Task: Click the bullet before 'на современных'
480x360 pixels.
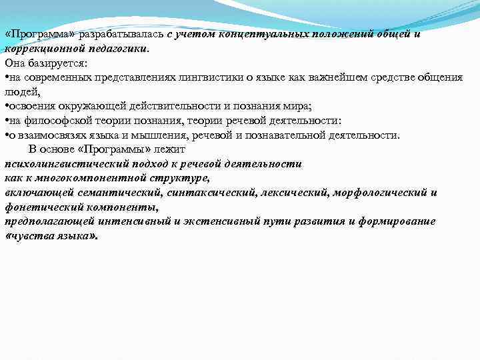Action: [x=6, y=78]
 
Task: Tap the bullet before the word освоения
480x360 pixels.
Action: [x=6, y=107]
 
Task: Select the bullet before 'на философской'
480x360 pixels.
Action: [x=6, y=121]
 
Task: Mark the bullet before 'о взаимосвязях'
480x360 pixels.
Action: [x=6, y=135]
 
